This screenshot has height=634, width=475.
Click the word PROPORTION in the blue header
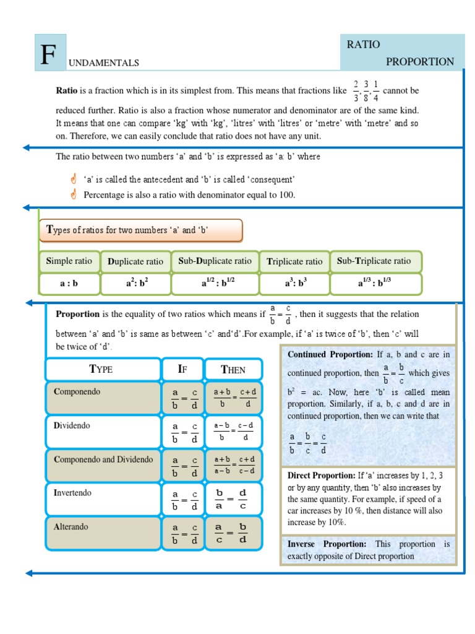420,62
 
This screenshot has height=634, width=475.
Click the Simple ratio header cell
69,261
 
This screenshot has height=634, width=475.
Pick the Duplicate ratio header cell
135,261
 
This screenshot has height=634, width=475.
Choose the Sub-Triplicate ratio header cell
373,261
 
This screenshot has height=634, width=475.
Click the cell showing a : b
69,284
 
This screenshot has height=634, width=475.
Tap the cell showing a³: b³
295,284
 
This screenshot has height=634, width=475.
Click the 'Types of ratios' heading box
141,230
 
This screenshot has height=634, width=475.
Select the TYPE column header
101,370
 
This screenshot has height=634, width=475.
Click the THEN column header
233,370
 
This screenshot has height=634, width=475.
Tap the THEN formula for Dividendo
234,431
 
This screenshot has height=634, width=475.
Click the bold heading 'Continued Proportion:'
330,355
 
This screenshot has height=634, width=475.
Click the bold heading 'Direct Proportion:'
321,476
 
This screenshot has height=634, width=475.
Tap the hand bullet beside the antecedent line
73,179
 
